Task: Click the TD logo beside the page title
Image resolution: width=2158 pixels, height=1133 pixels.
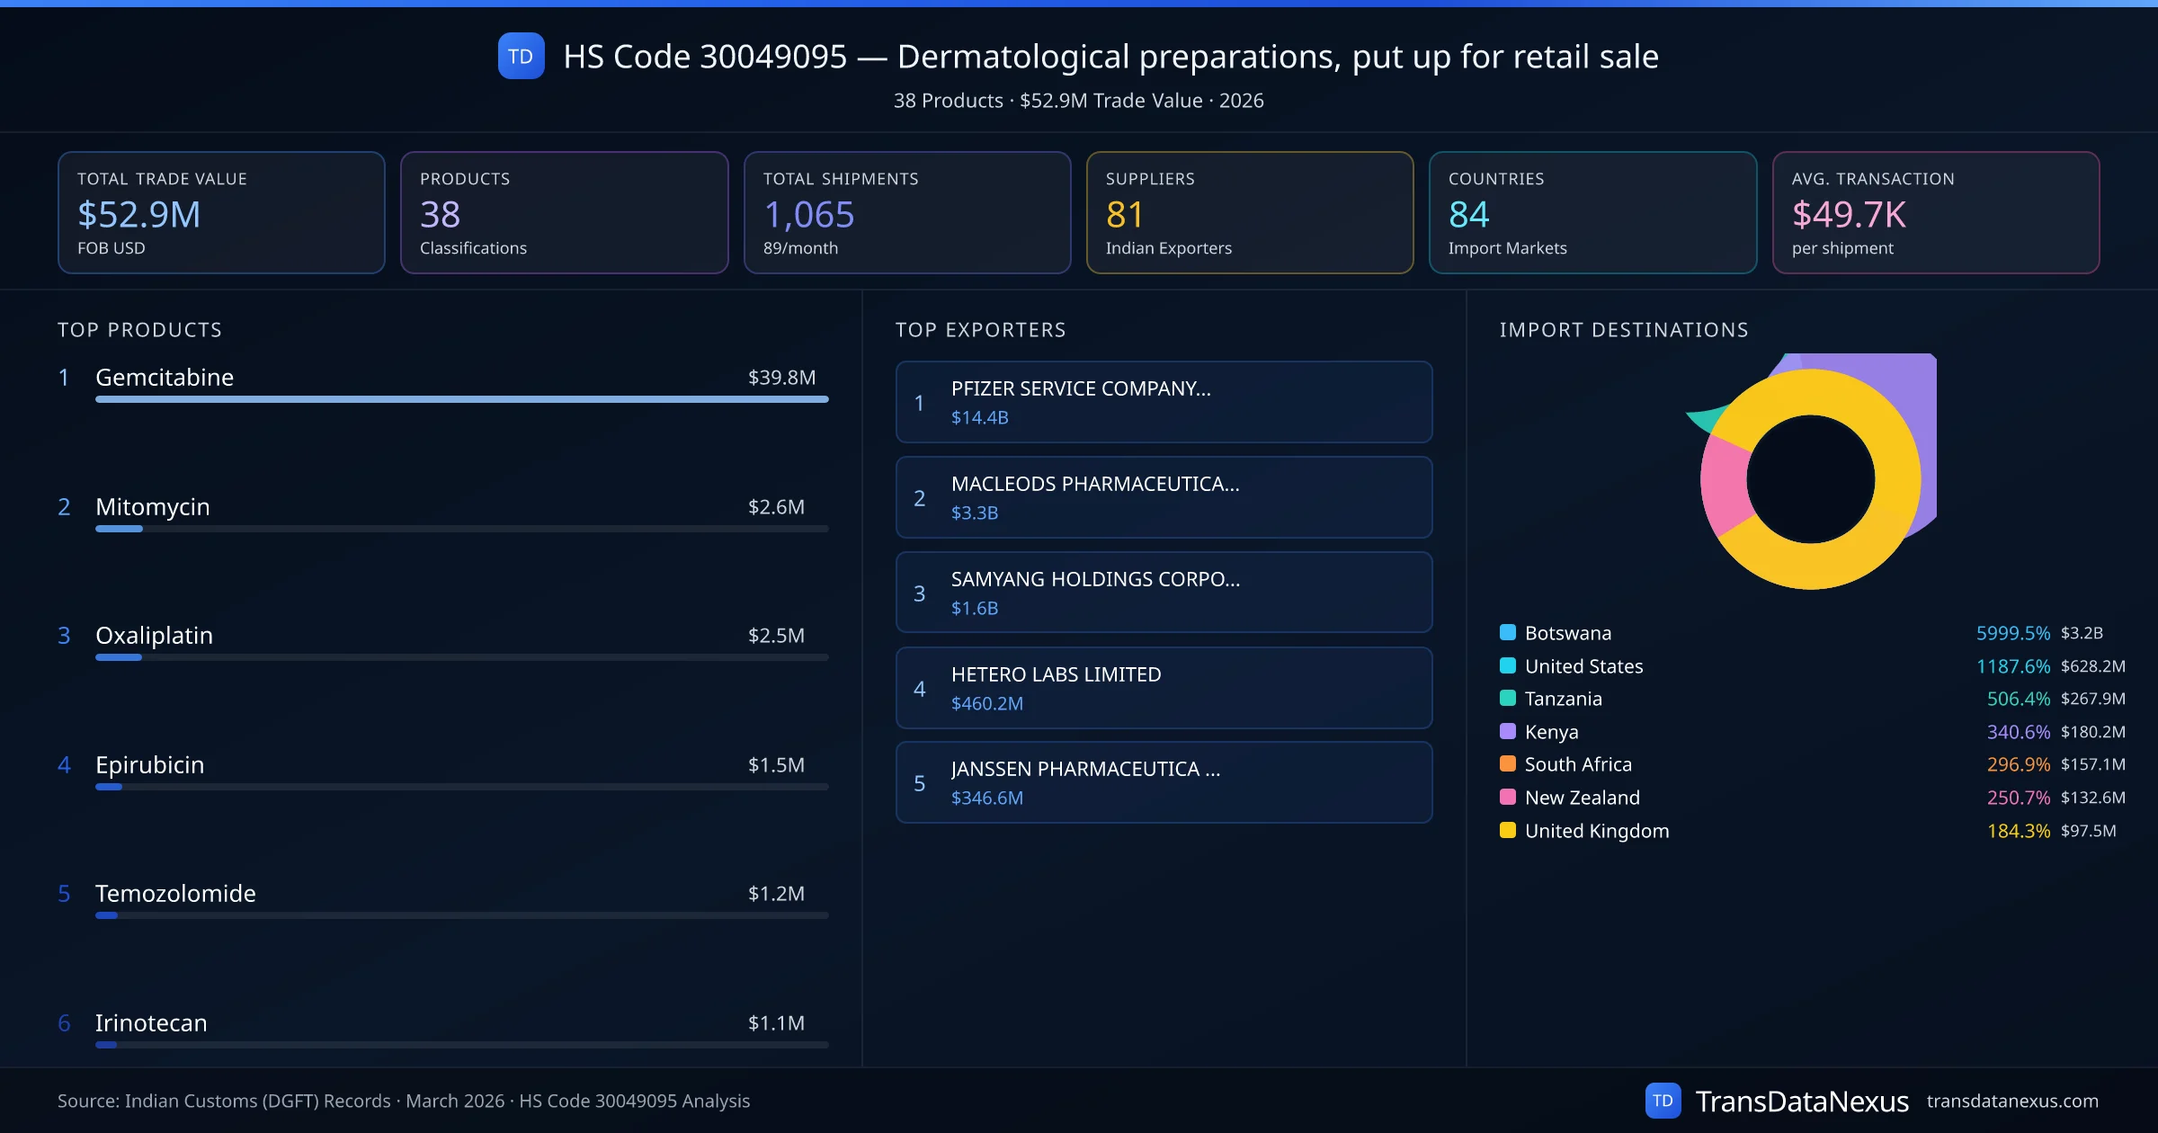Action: tap(521, 57)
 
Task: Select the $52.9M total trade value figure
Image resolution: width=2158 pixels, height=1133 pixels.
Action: tap(139, 215)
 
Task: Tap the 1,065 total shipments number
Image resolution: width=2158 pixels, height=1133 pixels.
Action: tap(808, 215)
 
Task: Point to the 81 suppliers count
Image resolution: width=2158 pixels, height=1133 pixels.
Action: tap(1124, 215)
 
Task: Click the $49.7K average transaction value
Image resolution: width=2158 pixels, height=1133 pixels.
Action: tap(1848, 215)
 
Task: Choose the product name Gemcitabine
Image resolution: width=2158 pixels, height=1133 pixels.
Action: tap(165, 378)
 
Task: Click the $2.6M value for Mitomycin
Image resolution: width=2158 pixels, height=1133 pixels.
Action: tap(776, 507)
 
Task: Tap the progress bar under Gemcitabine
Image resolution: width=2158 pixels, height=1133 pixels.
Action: tap(461, 399)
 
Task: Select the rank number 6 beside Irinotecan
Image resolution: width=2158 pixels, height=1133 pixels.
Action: tap(64, 1023)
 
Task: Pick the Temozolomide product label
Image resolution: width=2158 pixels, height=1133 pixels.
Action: tap(175, 894)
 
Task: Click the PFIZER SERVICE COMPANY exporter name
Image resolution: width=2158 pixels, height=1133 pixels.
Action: tap(1081, 388)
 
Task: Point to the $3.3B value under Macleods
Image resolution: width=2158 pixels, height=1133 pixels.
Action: tap(975, 513)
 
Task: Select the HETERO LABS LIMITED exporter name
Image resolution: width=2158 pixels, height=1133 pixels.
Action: tap(1056, 674)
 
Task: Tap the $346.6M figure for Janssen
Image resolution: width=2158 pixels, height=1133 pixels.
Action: tap(986, 798)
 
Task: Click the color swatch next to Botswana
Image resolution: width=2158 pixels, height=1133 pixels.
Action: tap(1508, 632)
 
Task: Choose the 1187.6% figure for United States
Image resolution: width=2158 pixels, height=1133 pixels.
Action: tap(2012, 666)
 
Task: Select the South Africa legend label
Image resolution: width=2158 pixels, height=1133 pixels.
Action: tap(1578, 764)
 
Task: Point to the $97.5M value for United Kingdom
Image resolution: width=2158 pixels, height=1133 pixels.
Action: tap(2088, 831)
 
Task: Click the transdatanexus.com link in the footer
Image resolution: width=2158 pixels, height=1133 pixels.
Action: tap(2012, 1102)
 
